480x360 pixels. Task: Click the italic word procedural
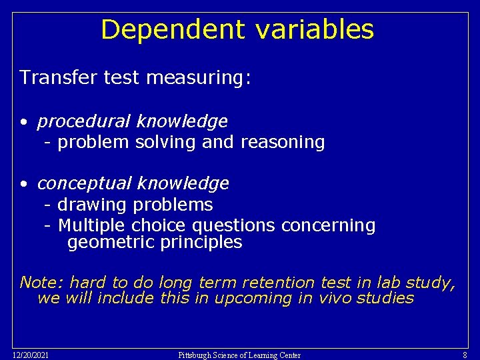83,121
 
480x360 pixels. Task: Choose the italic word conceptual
84,183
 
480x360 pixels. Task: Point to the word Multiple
93,226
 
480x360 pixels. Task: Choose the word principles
201,243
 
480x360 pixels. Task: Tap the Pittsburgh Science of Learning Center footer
239,355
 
